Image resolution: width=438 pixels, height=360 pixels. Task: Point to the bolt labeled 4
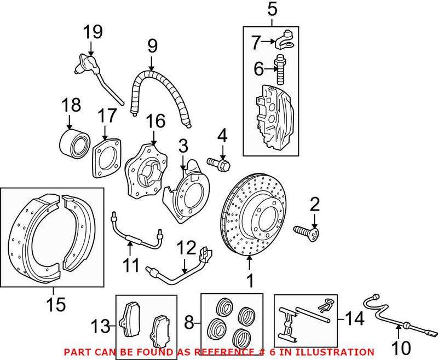(219, 162)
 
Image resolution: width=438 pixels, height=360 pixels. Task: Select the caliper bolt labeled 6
(281, 69)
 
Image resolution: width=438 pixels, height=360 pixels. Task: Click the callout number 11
(131, 265)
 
